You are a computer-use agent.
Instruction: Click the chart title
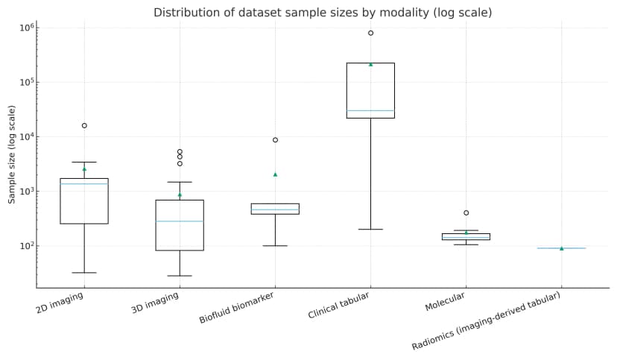pos(323,13)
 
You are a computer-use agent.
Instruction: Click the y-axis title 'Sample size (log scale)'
pos(12,154)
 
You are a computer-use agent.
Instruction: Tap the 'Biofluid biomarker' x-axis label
pos(236,308)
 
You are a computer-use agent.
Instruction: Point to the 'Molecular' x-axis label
pos(445,301)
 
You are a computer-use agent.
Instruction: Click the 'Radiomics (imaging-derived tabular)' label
pos(486,321)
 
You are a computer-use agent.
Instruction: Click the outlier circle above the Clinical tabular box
pos(370,33)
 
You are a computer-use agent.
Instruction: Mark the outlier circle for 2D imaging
pos(84,125)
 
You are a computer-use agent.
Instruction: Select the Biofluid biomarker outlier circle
pos(275,140)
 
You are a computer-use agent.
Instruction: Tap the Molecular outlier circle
pos(466,213)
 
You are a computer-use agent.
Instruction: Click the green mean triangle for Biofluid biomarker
pos(275,174)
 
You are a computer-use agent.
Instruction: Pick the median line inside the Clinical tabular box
pos(370,111)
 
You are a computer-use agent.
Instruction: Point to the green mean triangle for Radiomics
pos(561,248)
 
